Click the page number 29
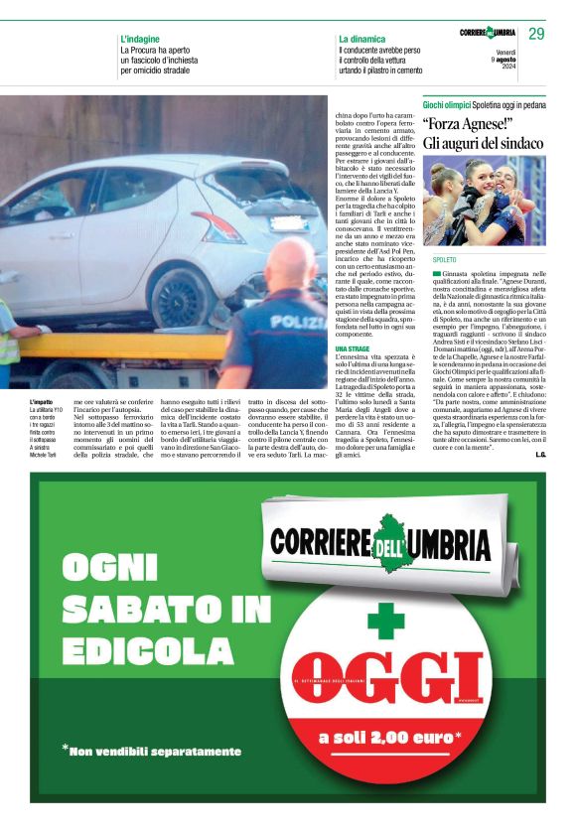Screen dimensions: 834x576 [536, 34]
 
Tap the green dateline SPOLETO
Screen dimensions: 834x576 [445, 259]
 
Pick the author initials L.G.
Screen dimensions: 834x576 [540, 455]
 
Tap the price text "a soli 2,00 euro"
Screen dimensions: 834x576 [389, 737]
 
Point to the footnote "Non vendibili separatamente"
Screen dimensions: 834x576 [154, 751]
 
